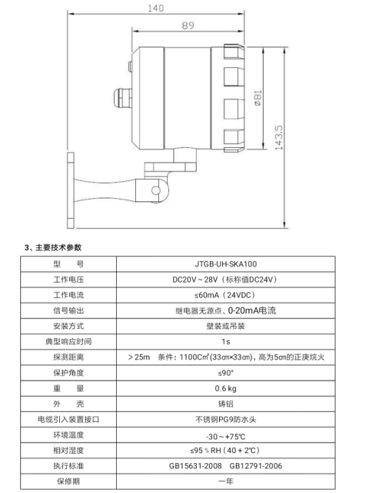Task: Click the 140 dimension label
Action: pos(155,8)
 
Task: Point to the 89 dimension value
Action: pos(188,25)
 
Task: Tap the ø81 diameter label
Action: pos(258,98)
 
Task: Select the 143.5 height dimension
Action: pos(278,137)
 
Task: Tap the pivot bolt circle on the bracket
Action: pos(155,190)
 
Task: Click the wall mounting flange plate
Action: pos(71,190)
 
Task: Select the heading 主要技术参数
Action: pos(58,247)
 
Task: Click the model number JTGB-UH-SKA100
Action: pos(225,263)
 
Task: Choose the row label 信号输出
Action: pos(68,310)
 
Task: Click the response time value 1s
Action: pos(225,341)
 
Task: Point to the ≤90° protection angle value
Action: pos(225,373)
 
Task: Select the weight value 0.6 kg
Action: pos(225,388)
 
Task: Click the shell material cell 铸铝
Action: pos(225,404)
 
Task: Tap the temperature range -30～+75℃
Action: pos(225,437)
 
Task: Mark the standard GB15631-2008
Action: pos(195,465)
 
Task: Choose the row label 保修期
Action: pos(68,481)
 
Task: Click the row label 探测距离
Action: pos(68,357)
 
